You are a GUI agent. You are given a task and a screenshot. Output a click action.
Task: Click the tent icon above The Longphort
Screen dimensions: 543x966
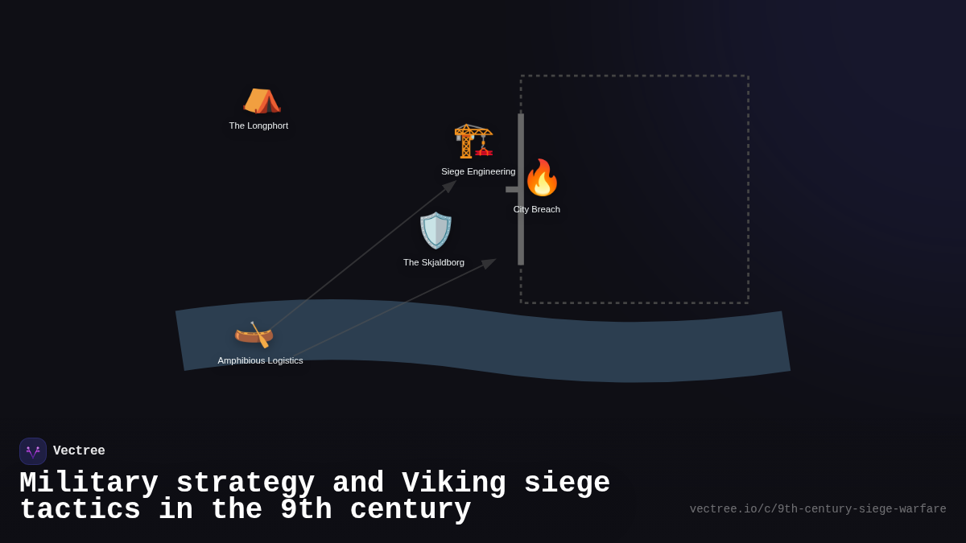click(x=262, y=101)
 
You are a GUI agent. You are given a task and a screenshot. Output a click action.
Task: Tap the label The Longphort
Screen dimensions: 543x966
click(x=258, y=125)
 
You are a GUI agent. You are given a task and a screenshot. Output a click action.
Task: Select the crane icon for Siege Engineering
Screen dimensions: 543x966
click(x=473, y=141)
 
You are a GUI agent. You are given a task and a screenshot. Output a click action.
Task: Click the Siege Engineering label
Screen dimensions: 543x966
click(x=478, y=171)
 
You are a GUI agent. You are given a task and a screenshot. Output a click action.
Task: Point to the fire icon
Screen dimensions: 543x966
click(x=542, y=178)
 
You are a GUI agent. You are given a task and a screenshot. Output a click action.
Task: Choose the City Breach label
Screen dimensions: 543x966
click(x=537, y=209)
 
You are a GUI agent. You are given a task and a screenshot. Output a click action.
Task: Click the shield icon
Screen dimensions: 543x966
click(x=436, y=231)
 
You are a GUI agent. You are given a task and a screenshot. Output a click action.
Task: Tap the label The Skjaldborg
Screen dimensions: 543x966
click(x=434, y=262)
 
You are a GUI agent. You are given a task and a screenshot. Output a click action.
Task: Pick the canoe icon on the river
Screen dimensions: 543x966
click(x=254, y=334)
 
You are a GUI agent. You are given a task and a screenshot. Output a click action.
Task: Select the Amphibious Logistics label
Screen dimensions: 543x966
click(x=260, y=360)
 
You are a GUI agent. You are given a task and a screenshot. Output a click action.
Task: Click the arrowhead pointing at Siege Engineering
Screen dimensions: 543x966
click(x=450, y=186)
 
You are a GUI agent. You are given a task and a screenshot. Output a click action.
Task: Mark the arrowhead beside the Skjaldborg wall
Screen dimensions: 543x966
click(x=489, y=262)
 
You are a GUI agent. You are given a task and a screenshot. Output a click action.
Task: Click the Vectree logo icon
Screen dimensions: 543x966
click(x=33, y=451)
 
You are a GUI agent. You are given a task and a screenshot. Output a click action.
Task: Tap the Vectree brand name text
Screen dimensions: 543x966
click(x=79, y=451)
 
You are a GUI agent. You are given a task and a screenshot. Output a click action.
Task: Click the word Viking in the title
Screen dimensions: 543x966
click(x=454, y=483)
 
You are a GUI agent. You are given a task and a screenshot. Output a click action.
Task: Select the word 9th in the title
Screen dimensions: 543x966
click(x=306, y=510)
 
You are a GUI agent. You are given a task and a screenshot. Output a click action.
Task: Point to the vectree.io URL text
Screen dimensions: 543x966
click(x=818, y=509)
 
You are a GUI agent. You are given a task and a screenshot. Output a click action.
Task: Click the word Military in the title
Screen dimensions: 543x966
click(x=89, y=483)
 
